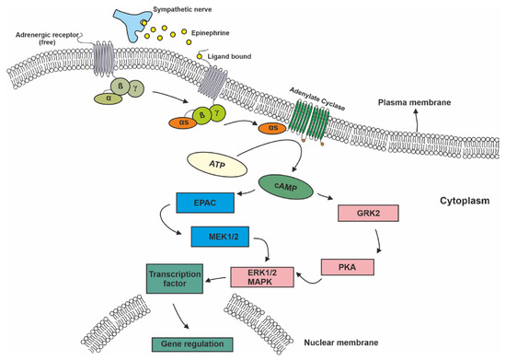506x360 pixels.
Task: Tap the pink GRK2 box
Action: pyautogui.click(x=366, y=213)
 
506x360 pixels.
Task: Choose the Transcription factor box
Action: pyautogui.click(x=177, y=279)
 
